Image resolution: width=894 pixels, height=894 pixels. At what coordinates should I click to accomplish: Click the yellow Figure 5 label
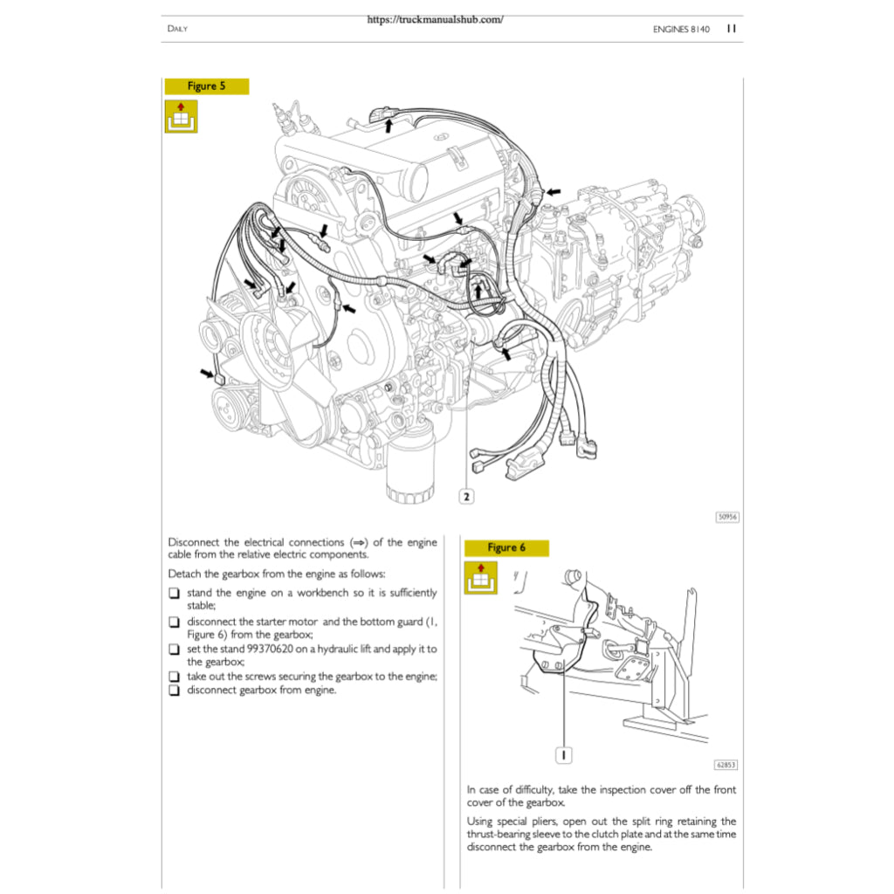coord(206,86)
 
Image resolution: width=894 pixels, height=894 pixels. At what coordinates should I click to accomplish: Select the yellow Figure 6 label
coord(506,548)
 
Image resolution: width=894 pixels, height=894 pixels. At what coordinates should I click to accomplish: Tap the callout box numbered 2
coord(466,497)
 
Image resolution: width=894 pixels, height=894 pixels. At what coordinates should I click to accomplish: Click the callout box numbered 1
coord(564,753)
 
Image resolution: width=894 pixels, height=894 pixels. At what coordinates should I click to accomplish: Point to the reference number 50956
coord(727,517)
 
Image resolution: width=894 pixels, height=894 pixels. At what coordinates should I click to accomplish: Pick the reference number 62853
coord(726,765)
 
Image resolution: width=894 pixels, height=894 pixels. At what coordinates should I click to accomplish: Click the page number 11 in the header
coord(732,29)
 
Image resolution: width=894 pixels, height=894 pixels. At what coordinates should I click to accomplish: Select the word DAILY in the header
coord(177,30)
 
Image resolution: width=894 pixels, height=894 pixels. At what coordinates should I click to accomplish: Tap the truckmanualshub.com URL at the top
coord(435,19)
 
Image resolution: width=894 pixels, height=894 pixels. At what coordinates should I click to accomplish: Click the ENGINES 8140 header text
coord(681,30)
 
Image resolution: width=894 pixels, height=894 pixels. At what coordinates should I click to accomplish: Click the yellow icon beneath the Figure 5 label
coord(182,116)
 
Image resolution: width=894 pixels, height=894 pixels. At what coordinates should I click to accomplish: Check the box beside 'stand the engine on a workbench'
coord(175,594)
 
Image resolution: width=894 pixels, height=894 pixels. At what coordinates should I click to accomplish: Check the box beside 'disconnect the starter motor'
coord(175,622)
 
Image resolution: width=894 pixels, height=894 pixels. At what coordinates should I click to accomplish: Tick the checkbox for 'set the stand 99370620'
coord(175,650)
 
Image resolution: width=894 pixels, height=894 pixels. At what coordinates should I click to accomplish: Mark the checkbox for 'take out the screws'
coord(175,677)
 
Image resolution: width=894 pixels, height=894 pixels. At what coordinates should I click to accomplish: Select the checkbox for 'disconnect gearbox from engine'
coord(175,691)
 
